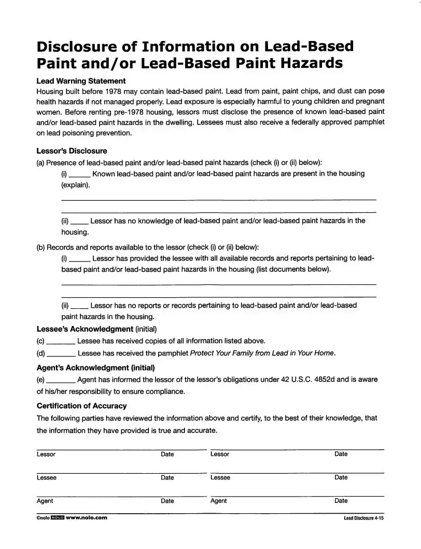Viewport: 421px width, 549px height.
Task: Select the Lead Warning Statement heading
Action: [81, 81]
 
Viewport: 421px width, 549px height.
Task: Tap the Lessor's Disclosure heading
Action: [72, 151]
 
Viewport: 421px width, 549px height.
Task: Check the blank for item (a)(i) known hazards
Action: [80, 174]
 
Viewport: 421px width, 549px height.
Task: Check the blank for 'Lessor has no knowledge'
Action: [79, 222]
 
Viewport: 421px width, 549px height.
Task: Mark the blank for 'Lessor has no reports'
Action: [79, 306]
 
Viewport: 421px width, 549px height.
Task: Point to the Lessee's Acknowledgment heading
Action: [85, 329]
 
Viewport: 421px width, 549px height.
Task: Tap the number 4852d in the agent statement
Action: [327, 379]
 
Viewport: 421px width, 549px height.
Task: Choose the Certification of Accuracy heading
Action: [81, 406]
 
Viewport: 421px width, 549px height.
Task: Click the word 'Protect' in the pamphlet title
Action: [203, 353]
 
